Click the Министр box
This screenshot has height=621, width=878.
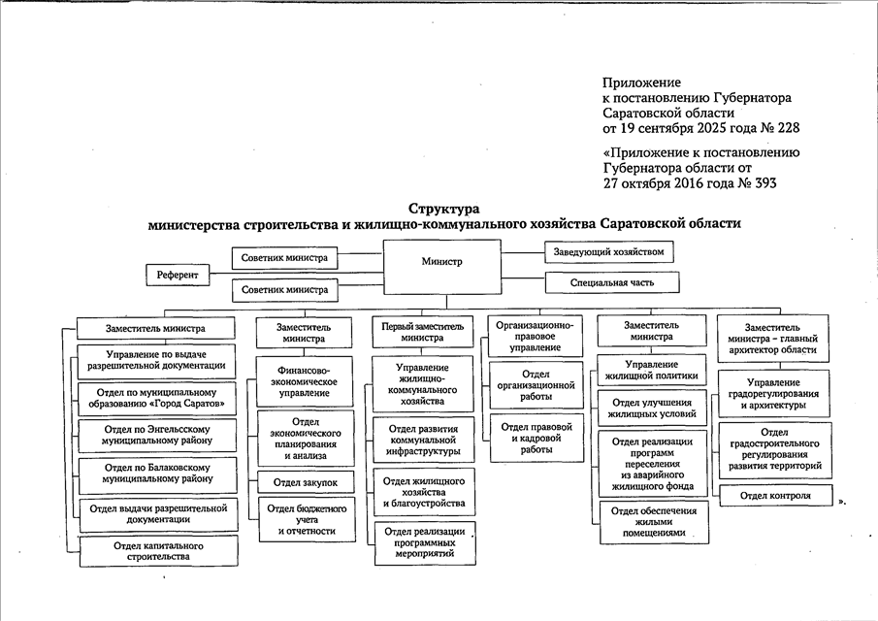442,262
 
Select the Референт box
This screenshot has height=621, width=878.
178,276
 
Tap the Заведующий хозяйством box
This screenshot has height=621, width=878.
608,251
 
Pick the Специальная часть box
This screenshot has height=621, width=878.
612,283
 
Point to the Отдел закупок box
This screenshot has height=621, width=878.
305,481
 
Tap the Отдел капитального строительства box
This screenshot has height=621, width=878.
158,552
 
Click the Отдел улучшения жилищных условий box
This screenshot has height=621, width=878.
651,409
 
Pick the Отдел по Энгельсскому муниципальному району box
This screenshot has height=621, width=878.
158,433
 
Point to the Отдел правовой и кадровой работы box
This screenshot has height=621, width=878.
537,438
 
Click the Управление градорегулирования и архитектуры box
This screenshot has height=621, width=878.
773,394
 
